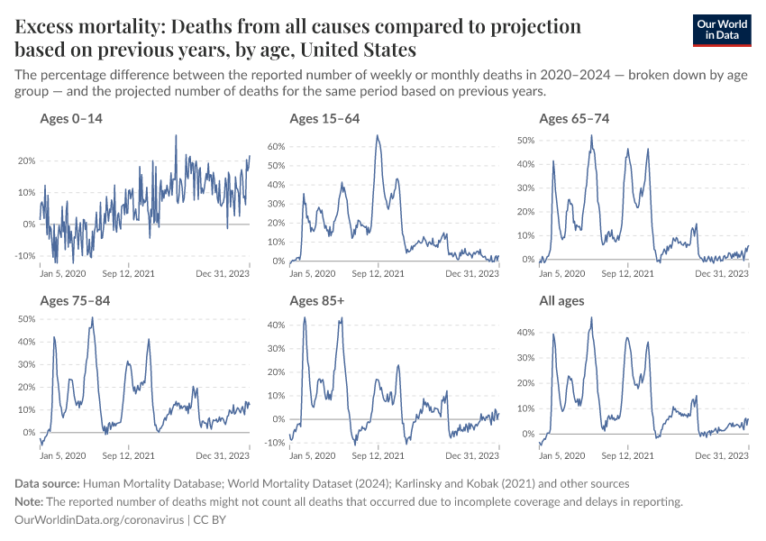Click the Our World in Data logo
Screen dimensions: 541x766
click(721, 30)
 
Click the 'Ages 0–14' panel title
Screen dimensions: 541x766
click(71, 119)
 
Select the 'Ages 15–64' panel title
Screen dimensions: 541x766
click(324, 119)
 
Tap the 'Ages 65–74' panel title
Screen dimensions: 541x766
click(574, 119)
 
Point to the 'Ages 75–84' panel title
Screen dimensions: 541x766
click(75, 300)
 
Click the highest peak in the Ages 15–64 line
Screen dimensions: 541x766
click(378, 136)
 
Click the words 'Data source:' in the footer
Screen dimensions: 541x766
click(48, 484)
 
